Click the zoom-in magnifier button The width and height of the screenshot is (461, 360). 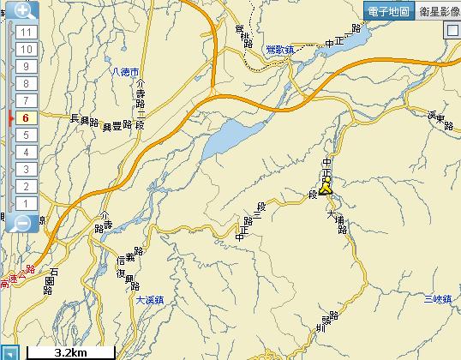click(23, 11)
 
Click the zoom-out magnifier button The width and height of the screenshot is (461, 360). click(23, 222)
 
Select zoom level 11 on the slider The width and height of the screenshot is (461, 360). click(26, 32)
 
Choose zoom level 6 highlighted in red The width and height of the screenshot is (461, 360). click(26, 117)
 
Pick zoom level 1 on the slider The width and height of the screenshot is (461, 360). click(26, 203)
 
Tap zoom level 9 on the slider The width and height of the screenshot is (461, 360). click(26, 66)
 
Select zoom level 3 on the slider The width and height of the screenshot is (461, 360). click(26, 169)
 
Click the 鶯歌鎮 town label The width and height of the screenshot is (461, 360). click(280, 51)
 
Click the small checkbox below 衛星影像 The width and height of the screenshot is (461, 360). click(452, 29)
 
